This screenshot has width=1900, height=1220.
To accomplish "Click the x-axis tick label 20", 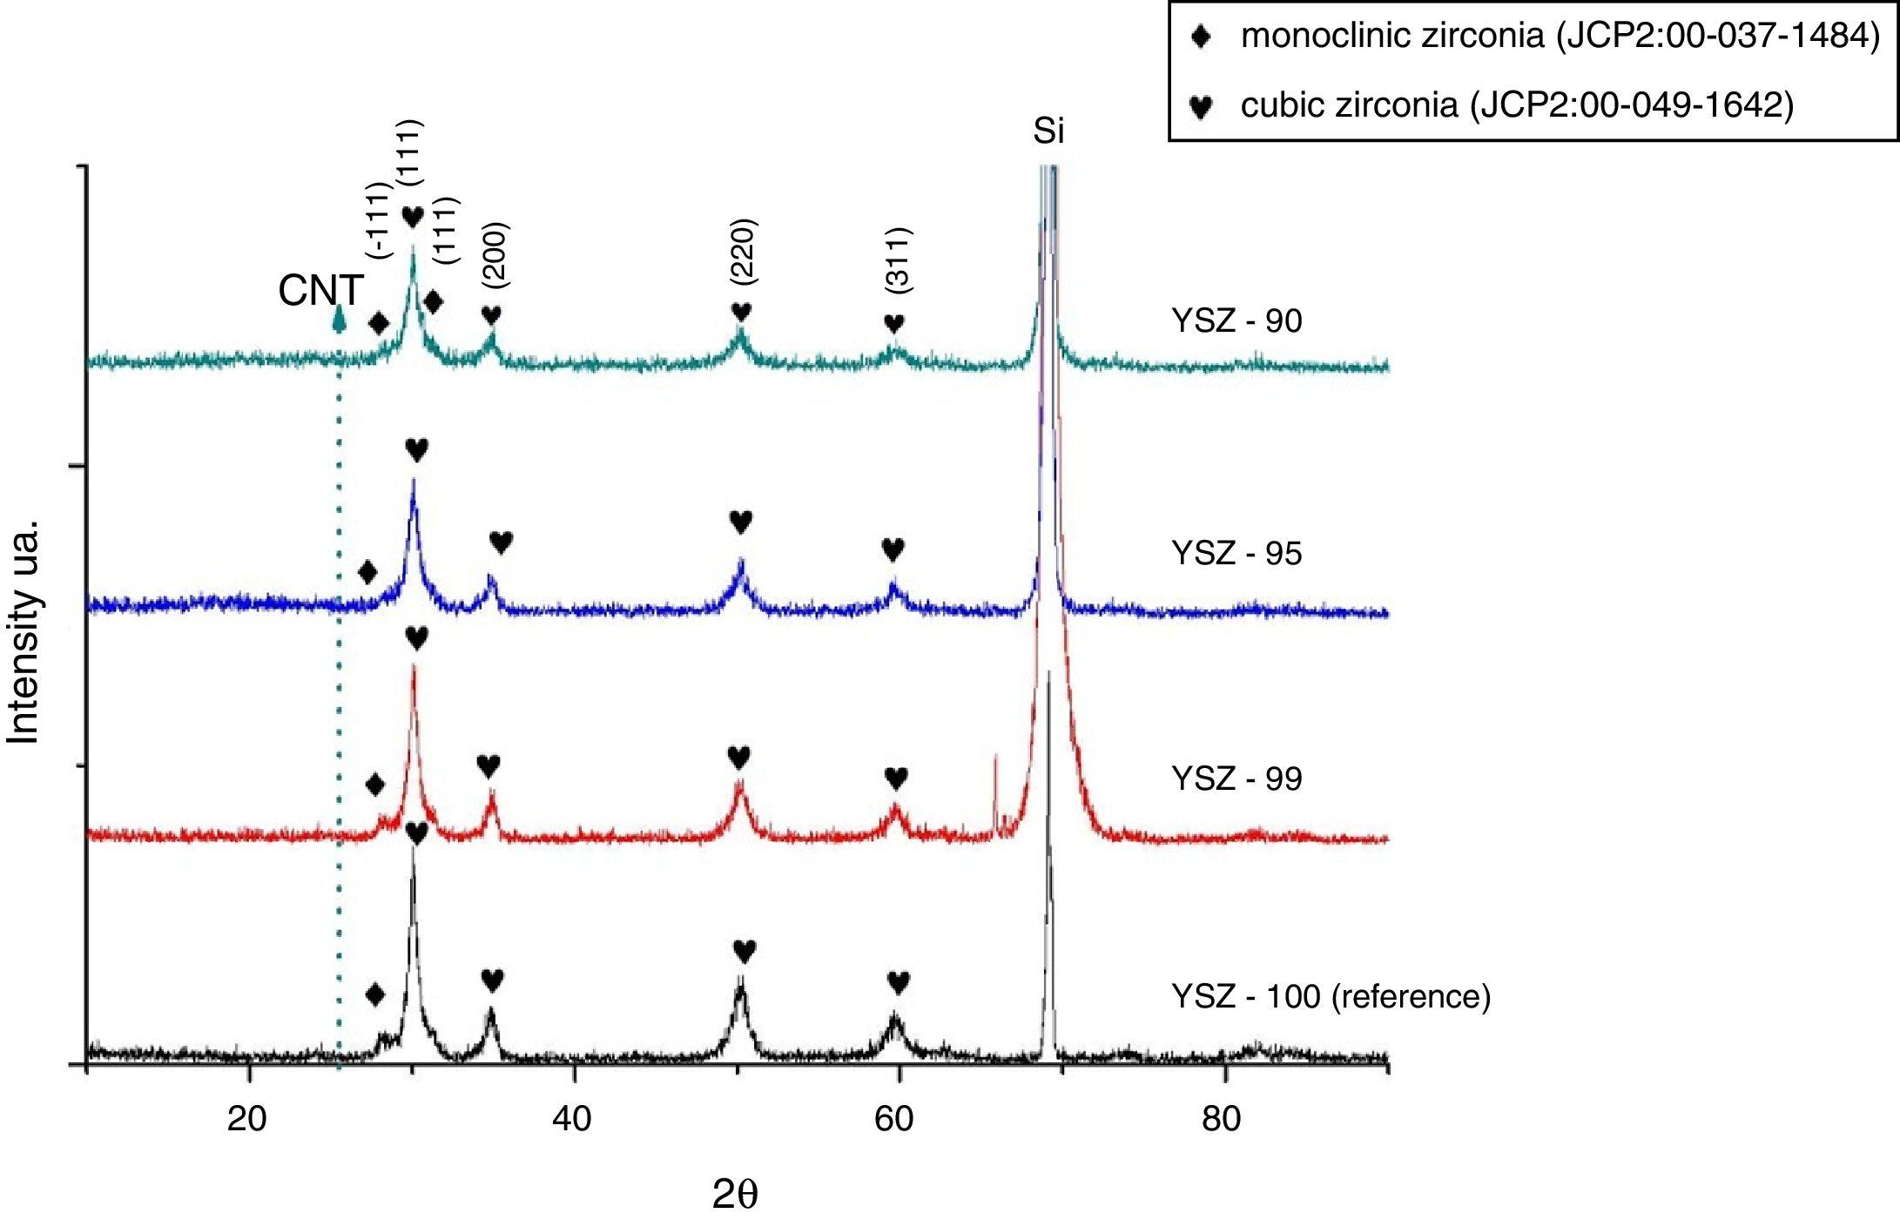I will coord(247,1119).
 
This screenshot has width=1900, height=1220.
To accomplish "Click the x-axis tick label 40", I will coord(572,1119).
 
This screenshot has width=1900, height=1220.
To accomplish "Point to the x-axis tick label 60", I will coord(894,1119).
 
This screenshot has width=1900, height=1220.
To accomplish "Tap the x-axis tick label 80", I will coord(1221,1119).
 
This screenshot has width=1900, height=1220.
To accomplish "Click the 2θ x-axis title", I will coord(735,1196).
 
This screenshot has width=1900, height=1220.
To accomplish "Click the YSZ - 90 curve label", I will coord(1236,321).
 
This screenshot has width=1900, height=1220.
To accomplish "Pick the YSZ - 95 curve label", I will coord(1236,554).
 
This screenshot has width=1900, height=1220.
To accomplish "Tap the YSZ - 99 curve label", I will coord(1236,779).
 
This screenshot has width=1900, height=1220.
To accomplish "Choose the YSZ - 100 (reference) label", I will coord(1331,995).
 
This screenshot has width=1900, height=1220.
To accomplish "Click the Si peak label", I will coord(1048,131).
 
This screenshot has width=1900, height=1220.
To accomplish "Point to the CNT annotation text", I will coord(320,291).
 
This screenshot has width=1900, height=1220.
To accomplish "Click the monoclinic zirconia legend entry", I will coord(1559,37).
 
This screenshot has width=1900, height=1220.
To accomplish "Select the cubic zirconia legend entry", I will coord(1515,105).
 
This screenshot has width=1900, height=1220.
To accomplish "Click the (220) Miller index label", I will coord(745,253).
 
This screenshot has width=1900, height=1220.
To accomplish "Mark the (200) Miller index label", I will coord(495,256).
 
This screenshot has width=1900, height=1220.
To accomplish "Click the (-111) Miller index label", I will coord(379,220).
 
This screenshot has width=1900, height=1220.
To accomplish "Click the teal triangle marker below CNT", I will coord(340,321).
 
